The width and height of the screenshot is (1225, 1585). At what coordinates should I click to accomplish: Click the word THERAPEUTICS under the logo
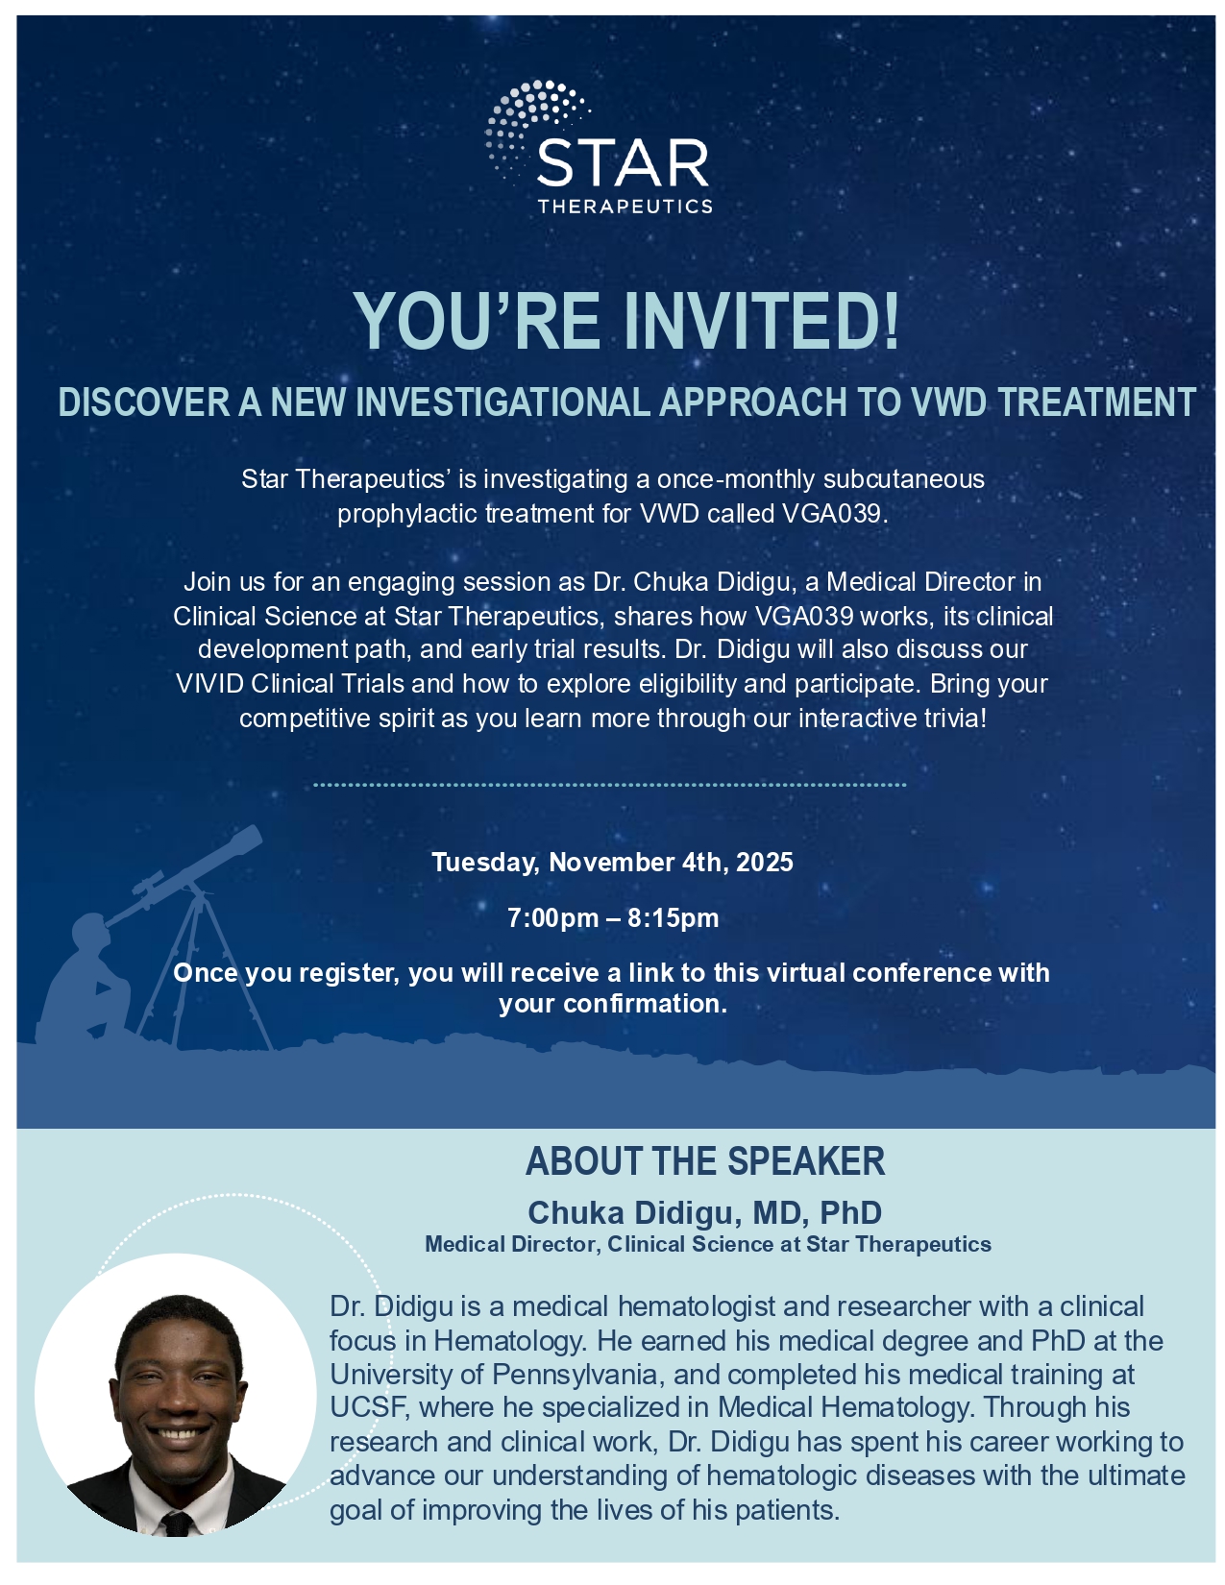[625, 207]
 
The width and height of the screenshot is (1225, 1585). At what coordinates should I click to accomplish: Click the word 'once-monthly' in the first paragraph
[735, 479]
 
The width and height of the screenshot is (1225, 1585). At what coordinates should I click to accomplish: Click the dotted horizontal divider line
[609, 785]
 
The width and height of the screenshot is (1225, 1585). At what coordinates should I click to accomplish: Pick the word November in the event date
[611, 863]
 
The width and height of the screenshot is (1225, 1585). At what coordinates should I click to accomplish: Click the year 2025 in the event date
[764, 863]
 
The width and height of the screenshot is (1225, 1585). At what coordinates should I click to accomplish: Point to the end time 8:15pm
[673, 917]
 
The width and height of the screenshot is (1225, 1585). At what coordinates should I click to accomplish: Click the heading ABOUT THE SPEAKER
[705, 1161]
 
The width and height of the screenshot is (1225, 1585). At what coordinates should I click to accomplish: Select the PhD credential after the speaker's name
[850, 1212]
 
